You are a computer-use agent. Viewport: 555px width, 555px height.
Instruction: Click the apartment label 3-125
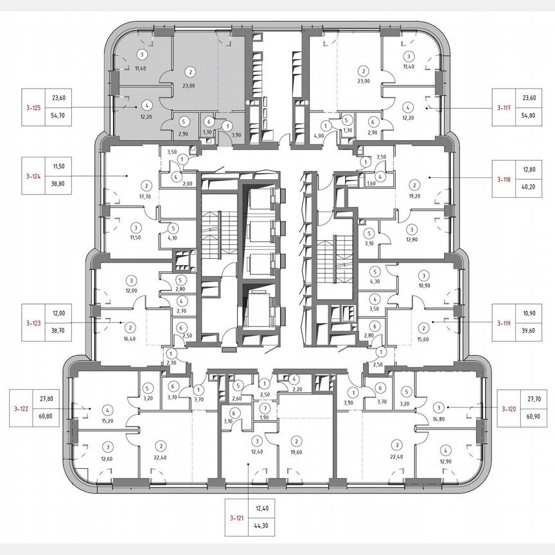33,108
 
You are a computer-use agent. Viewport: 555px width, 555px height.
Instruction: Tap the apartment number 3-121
236,517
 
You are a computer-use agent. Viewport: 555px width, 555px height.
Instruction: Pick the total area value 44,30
262,526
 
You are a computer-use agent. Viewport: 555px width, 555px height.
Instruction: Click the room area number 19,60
296,452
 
